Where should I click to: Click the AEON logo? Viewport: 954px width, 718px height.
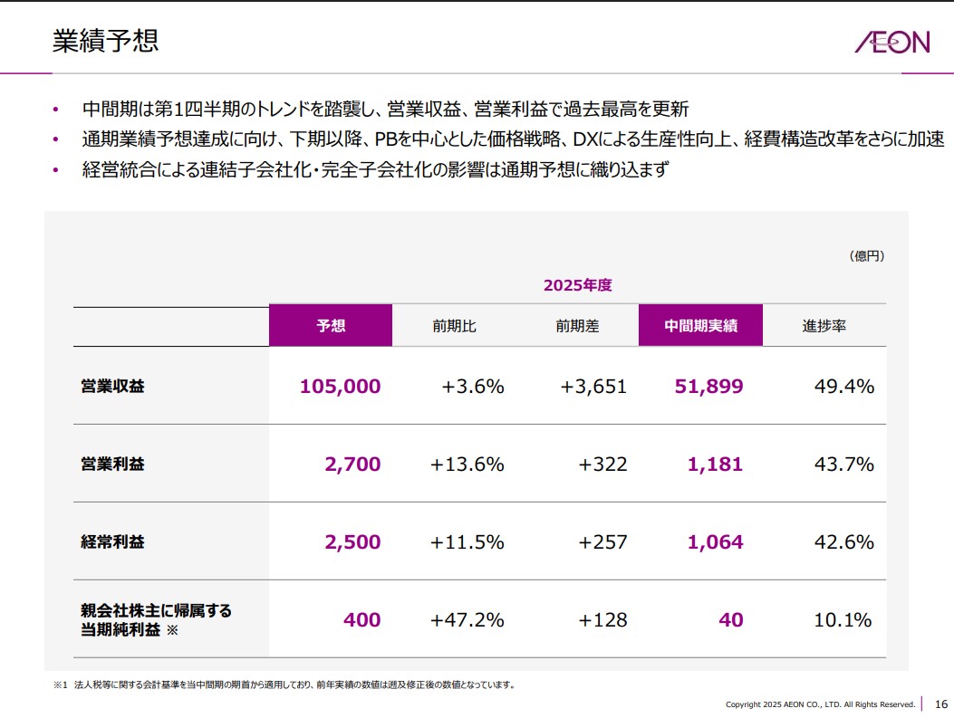click(x=891, y=42)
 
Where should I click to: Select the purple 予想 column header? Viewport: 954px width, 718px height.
click(x=331, y=326)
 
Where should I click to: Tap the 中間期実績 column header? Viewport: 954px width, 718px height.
click(x=700, y=326)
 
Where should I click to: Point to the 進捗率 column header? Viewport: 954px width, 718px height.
click(x=824, y=326)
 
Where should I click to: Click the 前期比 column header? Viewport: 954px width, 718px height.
click(x=454, y=326)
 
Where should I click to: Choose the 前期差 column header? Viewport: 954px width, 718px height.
click(x=577, y=326)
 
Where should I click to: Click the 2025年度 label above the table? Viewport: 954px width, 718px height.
click(x=577, y=285)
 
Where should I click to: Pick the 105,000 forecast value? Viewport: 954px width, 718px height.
click(x=340, y=387)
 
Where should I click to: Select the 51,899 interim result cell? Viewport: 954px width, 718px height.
click(x=708, y=387)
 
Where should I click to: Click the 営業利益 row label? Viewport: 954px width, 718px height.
click(x=112, y=464)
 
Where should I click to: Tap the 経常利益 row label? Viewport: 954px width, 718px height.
click(x=112, y=542)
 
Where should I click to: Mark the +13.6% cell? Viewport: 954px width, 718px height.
click(x=467, y=464)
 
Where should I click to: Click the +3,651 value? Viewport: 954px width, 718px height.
click(x=593, y=387)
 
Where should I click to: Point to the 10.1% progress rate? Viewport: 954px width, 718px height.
click(x=843, y=620)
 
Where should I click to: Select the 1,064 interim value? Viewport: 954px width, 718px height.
click(x=715, y=542)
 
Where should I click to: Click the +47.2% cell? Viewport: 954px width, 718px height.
click(x=467, y=620)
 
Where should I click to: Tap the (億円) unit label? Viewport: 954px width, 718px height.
click(x=866, y=256)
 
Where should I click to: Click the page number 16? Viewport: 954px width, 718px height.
click(x=940, y=704)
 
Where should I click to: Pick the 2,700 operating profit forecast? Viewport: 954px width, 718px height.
click(x=352, y=464)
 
